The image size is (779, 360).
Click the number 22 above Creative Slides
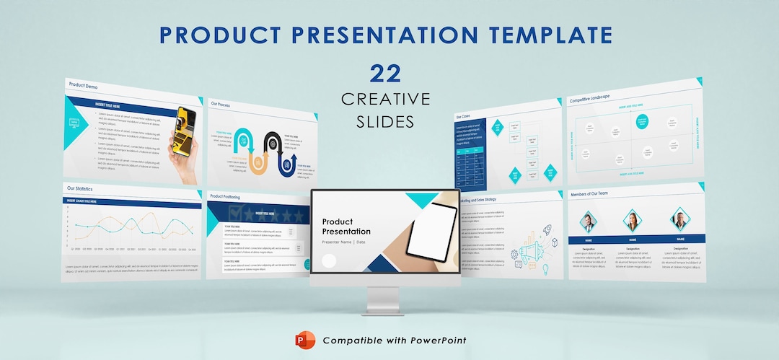385,74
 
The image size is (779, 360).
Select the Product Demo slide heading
84,85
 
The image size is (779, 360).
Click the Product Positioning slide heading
226,196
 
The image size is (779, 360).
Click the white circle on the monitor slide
329,261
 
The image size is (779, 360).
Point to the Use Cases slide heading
463,116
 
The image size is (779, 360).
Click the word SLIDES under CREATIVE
385,122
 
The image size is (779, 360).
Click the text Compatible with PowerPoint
394,341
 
